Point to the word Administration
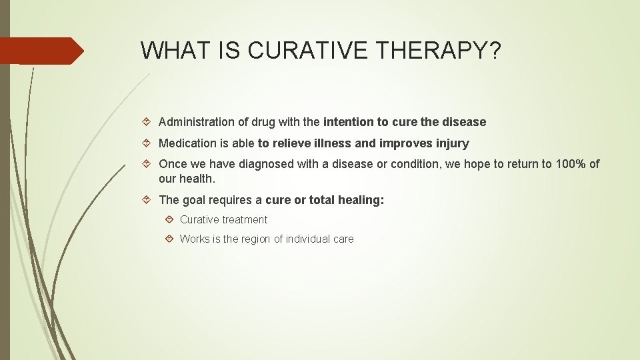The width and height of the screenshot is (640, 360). pos(193,122)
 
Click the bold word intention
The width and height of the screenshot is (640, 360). pos(347,122)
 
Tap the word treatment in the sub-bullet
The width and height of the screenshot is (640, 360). pos(245,219)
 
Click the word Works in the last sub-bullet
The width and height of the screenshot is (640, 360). pos(195,239)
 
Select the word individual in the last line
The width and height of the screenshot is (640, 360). pos(308,239)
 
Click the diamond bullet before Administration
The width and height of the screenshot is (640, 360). pos(149,122)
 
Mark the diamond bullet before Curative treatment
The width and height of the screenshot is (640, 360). pos(170,219)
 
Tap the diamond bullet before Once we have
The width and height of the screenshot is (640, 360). pos(149,164)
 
